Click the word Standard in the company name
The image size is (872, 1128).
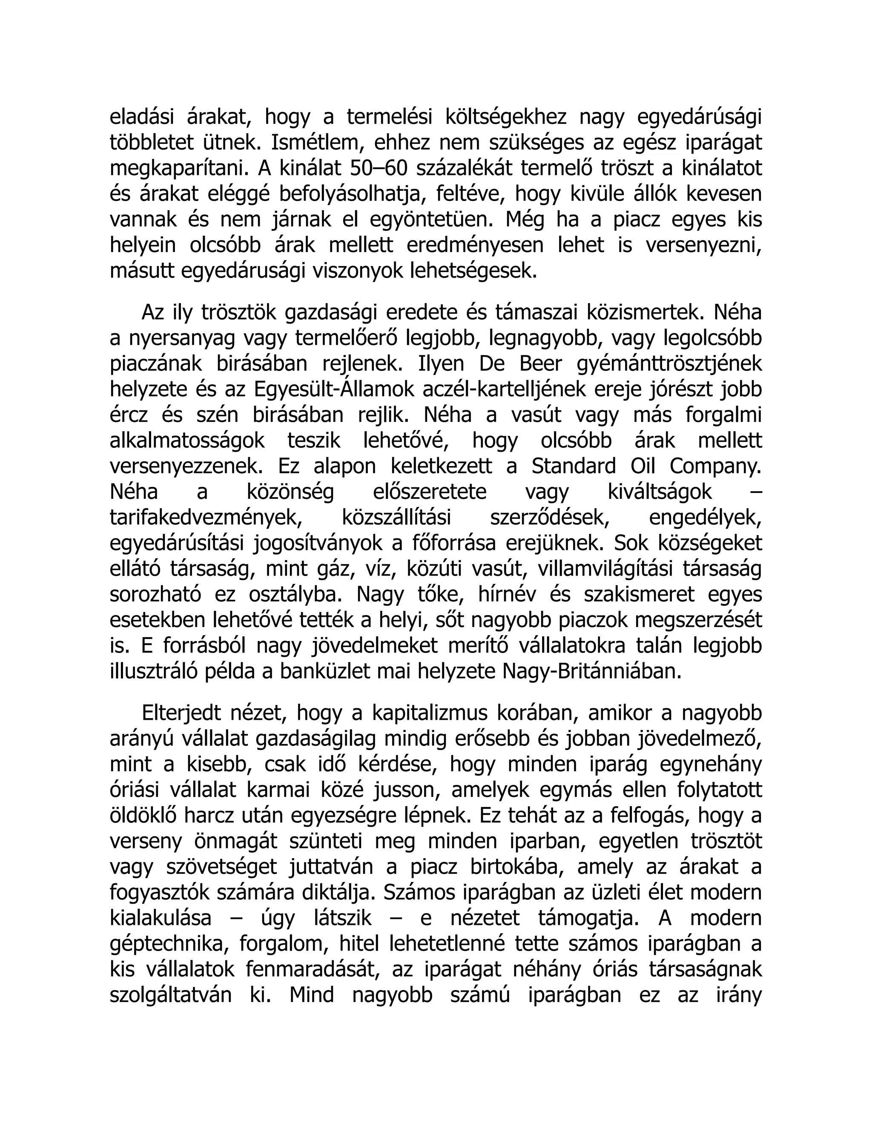(x=574, y=467)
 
